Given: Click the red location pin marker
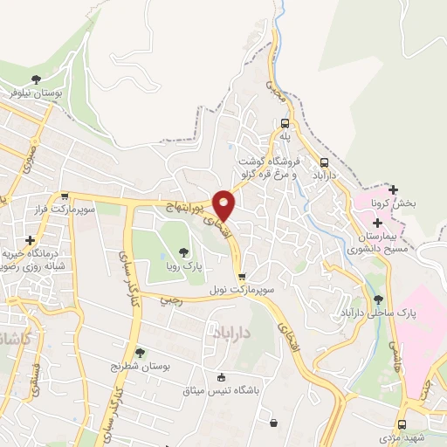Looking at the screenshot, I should tap(224, 204).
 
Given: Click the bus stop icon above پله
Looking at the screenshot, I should tap(285, 123).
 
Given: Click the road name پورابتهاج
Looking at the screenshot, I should tap(185, 208).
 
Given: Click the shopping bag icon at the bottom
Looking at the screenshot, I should tap(274, 423).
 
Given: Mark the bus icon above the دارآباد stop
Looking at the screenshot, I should tap(325, 162).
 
